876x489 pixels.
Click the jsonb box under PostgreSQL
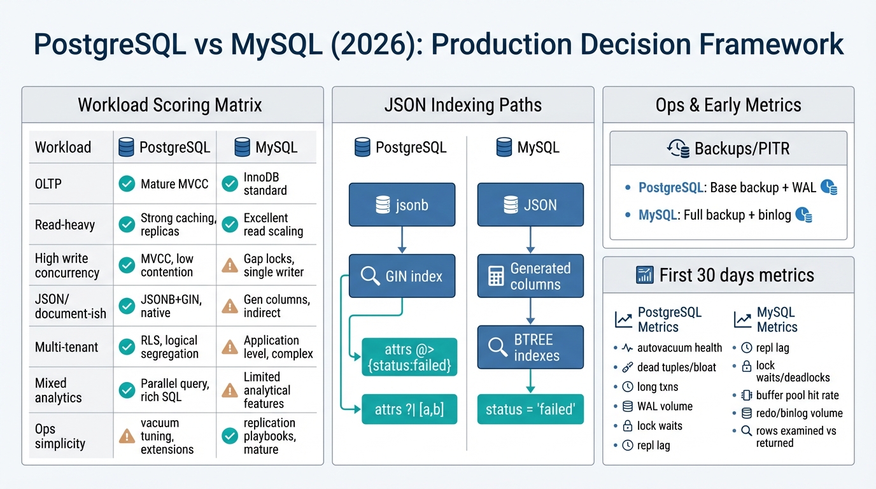[x=402, y=205]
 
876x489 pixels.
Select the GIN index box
[x=402, y=276]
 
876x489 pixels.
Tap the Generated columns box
[x=530, y=276]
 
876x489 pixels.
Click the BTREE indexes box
[x=530, y=347]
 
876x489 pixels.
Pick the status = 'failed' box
[x=530, y=409]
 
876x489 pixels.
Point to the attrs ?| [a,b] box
[x=409, y=409]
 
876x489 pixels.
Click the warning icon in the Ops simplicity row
[x=127, y=436]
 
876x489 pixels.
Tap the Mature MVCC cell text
[x=174, y=184]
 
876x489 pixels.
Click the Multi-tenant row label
[x=66, y=347]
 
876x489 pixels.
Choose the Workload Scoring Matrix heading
[x=170, y=105]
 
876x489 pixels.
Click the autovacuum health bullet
[x=679, y=348]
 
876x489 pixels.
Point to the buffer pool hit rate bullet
[x=797, y=395]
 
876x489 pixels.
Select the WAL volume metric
[x=665, y=406]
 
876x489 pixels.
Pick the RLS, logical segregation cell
[x=169, y=347]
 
